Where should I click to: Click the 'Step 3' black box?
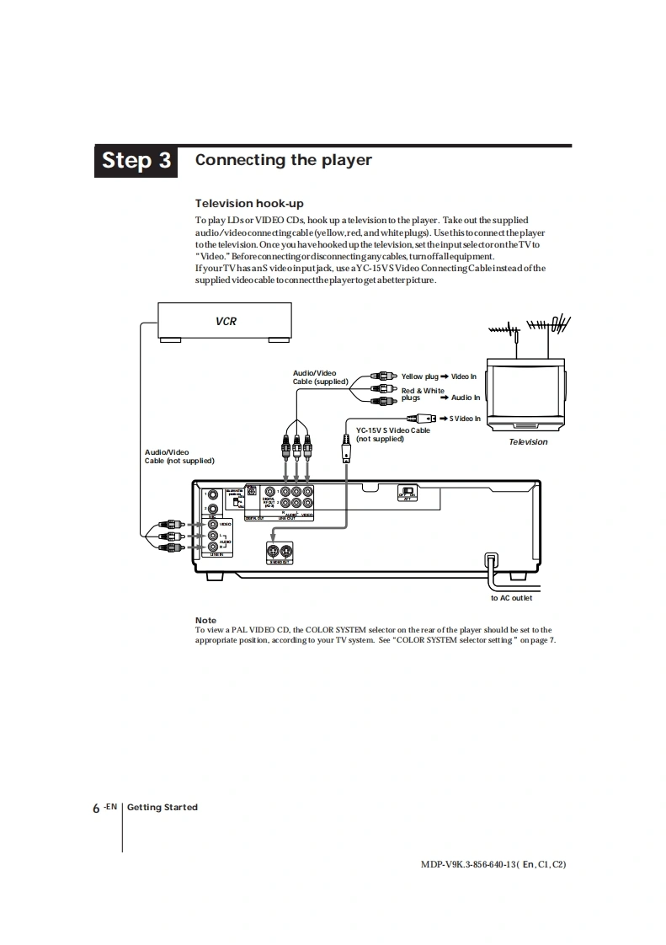[136, 160]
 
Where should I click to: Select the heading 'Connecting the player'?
[283, 160]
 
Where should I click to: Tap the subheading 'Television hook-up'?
[249, 203]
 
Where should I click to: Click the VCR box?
[226, 321]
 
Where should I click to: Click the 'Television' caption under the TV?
[528, 442]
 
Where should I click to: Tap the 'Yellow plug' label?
[419, 376]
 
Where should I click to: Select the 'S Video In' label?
[465, 419]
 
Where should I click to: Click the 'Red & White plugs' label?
[423, 394]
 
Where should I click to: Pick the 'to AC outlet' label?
[511, 598]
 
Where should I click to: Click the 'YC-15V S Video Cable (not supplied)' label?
[392, 435]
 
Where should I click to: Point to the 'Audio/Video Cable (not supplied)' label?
[179, 456]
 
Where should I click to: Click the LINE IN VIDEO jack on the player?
[214, 524]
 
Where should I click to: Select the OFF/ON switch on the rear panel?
[408, 493]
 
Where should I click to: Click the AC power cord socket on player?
[491, 559]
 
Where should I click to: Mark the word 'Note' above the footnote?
[205, 620]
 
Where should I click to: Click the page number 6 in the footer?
[97, 808]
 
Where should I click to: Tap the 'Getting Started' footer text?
[163, 807]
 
